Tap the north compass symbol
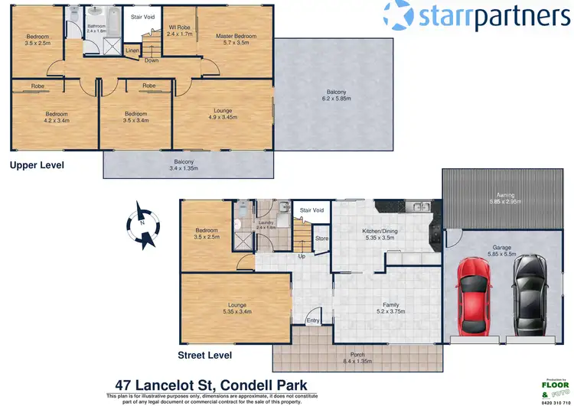[x=144, y=224]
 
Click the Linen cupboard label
[x=132, y=51]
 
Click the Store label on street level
[x=321, y=238]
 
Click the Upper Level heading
[x=37, y=164]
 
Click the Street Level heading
[x=204, y=356]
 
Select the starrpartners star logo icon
[x=399, y=16]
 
